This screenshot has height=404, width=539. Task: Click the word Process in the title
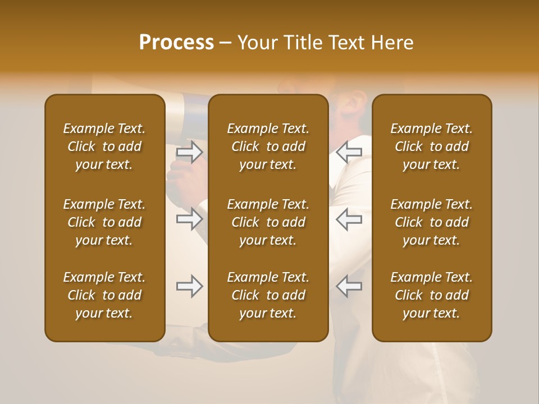(176, 43)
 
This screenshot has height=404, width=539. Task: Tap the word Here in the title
(391, 43)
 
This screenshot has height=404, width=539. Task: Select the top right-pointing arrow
(190, 152)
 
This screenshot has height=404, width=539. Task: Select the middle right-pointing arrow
(190, 219)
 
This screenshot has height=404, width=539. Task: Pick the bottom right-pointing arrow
(190, 286)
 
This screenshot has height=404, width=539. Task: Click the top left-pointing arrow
(349, 152)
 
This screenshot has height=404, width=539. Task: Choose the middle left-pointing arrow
(349, 219)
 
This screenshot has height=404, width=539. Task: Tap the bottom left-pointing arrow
(349, 286)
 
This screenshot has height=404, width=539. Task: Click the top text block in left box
(104, 146)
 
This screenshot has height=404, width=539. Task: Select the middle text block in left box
(104, 222)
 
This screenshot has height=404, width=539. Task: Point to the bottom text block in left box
(104, 295)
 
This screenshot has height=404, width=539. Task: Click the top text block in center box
(268, 146)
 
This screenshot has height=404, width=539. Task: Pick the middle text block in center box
(268, 222)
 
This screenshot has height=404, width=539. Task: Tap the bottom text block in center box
(268, 295)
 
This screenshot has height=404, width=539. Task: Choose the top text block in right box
(431, 146)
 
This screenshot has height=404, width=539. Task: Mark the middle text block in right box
(431, 222)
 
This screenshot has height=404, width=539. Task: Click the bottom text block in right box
(431, 295)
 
